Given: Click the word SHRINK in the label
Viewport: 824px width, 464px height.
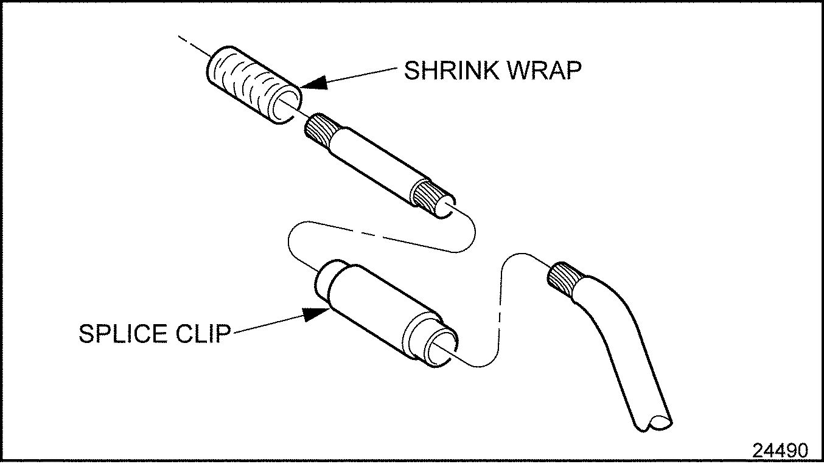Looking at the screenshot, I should tap(447, 72).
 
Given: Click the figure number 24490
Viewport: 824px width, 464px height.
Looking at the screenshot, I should tap(781, 451).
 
